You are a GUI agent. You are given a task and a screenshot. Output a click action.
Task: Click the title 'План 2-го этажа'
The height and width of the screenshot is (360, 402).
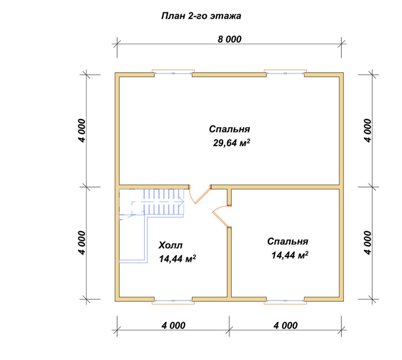click(x=201, y=16)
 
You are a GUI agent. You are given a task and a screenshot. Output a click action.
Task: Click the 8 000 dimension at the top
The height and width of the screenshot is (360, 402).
click(x=230, y=39)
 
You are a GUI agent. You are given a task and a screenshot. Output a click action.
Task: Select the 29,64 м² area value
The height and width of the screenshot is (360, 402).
click(x=231, y=143)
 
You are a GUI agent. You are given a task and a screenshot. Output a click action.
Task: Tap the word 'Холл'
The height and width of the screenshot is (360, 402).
click(x=171, y=245)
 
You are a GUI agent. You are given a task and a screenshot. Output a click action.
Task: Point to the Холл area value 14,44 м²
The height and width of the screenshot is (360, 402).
click(x=177, y=258)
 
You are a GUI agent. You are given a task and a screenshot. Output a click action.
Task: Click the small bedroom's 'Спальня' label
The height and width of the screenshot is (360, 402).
click(x=288, y=241)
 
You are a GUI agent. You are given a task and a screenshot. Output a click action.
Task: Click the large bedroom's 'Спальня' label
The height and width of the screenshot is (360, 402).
click(x=230, y=129)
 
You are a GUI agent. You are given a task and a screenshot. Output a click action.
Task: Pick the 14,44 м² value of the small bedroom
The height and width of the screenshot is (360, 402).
click(x=290, y=255)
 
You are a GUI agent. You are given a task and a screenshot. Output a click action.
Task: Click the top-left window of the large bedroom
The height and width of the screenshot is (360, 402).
click(x=173, y=73)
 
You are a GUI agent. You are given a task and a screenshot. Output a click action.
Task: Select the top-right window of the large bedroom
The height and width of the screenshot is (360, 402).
click(x=285, y=73)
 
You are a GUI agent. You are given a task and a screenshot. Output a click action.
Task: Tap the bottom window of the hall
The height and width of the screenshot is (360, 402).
click(x=173, y=301)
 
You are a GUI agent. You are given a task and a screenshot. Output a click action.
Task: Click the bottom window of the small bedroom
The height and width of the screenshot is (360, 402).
click(x=285, y=301)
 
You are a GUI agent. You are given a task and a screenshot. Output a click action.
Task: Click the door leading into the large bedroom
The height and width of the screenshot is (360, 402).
click(x=200, y=195)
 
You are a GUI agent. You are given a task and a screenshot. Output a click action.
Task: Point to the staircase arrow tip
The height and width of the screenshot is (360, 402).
click(x=184, y=202)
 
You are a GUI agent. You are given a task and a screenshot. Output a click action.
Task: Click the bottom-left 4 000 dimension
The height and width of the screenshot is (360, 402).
click(x=173, y=325)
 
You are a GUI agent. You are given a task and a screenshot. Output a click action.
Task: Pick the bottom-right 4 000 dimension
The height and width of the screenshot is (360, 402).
click(x=285, y=325)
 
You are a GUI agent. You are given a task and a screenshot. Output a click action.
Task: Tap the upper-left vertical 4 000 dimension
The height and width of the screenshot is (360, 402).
click(x=82, y=131)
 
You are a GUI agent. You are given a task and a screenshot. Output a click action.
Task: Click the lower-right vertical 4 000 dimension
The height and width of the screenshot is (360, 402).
click(x=368, y=243)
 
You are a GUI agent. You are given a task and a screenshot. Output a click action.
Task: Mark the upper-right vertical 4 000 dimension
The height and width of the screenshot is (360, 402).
click(x=368, y=131)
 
